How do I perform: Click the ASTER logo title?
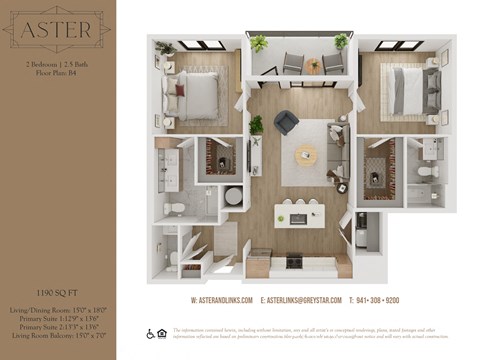click(56, 30)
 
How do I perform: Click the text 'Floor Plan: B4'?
click(56, 72)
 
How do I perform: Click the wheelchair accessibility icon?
click(152, 333)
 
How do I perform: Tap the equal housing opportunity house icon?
click(164, 333)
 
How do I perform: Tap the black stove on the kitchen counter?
click(294, 261)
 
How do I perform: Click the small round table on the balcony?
click(314, 66)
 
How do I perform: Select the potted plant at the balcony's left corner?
click(259, 44)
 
